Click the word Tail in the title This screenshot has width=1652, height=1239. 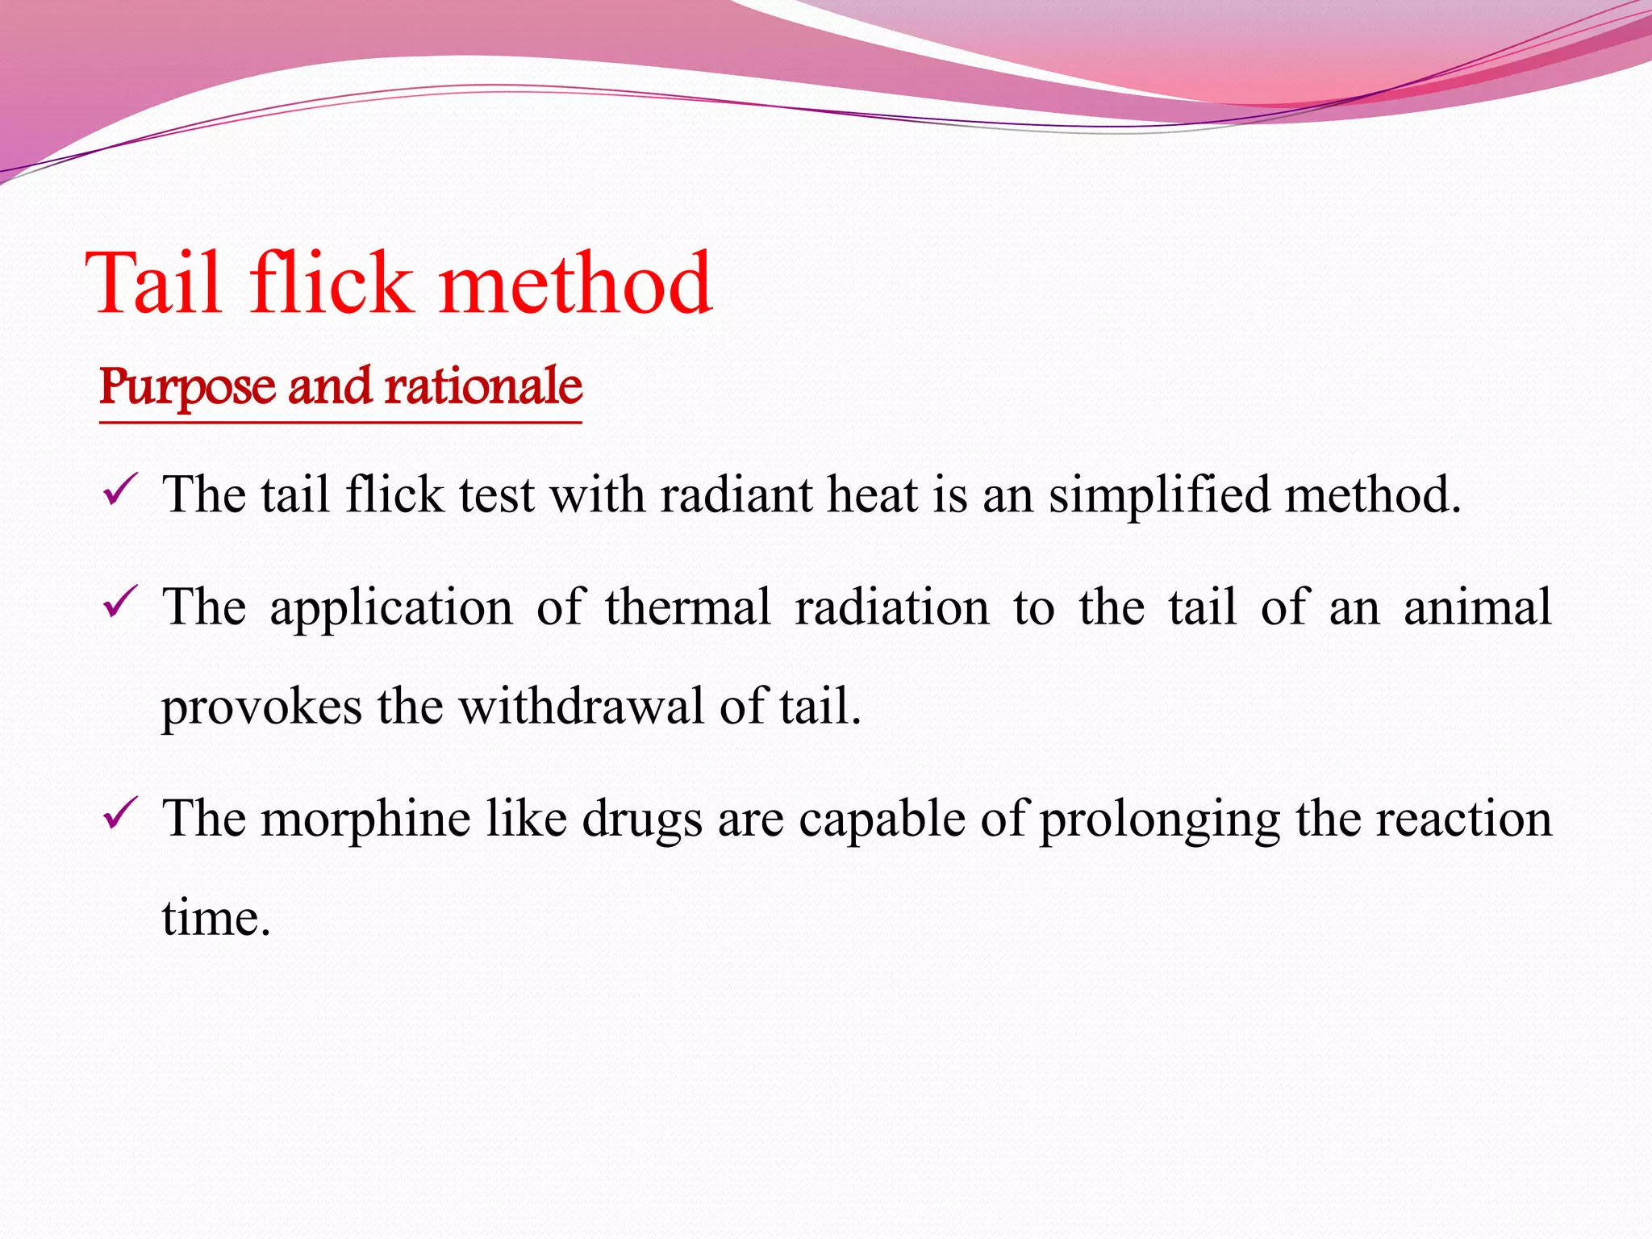(x=153, y=283)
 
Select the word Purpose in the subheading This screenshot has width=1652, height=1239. (x=186, y=388)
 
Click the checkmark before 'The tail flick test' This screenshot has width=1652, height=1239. (x=121, y=490)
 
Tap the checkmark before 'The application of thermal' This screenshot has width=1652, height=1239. (x=121, y=603)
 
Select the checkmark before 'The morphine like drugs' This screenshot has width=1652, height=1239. (x=121, y=814)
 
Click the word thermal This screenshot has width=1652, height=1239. (x=687, y=607)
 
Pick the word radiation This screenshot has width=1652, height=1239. (x=891, y=607)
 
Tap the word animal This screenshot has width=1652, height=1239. (x=1477, y=607)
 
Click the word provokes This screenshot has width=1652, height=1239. (x=261, y=707)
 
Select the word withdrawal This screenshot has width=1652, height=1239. (x=582, y=706)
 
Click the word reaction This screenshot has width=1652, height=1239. (x=1463, y=819)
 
